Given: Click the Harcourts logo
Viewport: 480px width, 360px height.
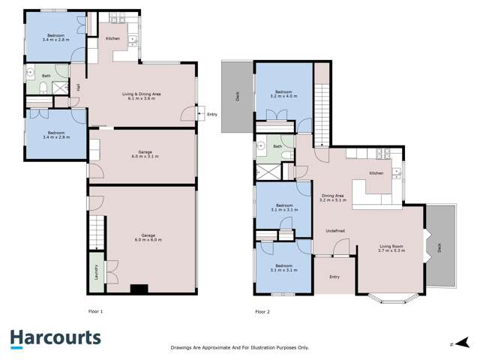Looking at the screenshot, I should pyautogui.click(x=55, y=338).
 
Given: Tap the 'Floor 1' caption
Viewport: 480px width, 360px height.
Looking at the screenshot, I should pyautogui.click(x=95, y=310).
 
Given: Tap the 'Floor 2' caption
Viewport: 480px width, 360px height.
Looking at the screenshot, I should pyautogui.click(x=262, y=310).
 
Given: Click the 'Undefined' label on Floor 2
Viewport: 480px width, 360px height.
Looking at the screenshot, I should pyautogui.click(x=334, y=231).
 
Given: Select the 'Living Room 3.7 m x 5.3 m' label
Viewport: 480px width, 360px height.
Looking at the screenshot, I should pyautogui.click(x=391, y=248).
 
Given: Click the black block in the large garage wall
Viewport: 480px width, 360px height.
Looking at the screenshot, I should pyautogui.click(x=138, y=287).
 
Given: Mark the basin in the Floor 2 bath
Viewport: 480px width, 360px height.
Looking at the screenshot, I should pyautogui.click(x=262, y=146).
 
